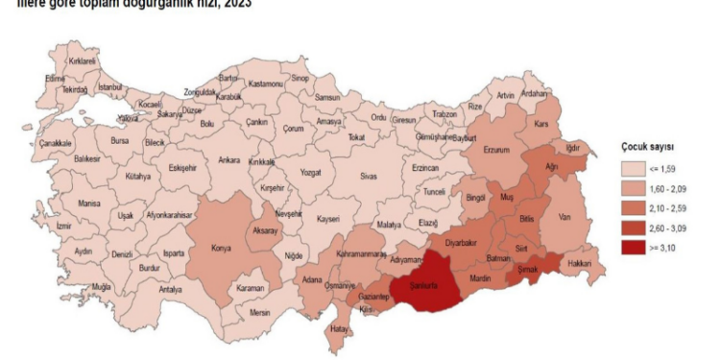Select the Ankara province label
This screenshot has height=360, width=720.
(228, 160)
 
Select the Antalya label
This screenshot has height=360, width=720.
(171, 288)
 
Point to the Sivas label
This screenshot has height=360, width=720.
(368, 177)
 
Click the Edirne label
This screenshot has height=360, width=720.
(56, 79)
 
